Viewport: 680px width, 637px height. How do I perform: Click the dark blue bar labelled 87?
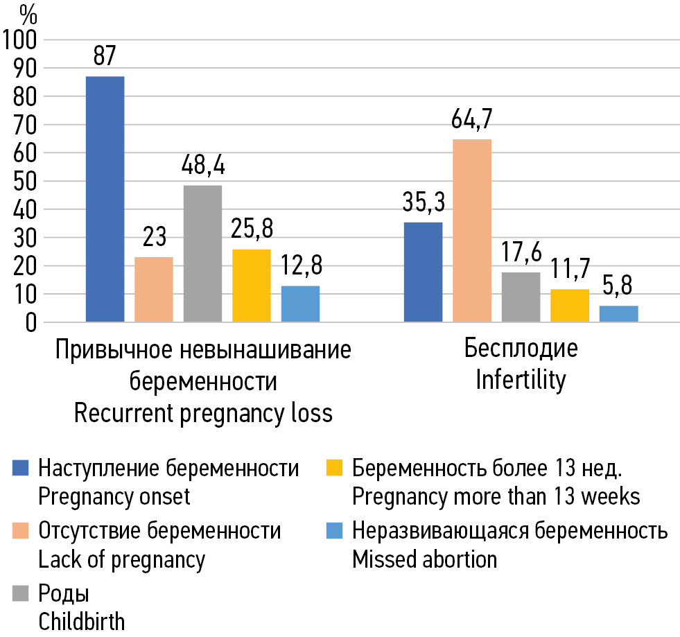(105, 199)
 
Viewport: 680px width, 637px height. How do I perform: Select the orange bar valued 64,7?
(472, 231)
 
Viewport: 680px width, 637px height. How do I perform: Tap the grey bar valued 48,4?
(202, 254)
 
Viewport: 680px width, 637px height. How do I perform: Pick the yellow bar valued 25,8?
(252, 286)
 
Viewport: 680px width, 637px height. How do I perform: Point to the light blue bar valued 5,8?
(618, 314)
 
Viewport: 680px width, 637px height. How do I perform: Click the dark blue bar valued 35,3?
(423, 272)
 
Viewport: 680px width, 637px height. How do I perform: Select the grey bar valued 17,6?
(521, 297)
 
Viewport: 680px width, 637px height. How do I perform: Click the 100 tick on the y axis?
(23, 40)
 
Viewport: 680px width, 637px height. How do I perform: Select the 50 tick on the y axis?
(28, 182)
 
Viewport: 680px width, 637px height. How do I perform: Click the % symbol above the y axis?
(28, 13)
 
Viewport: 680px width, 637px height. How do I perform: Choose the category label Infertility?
(520, 381)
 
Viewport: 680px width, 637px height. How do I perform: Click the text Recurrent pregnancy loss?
(203, 413)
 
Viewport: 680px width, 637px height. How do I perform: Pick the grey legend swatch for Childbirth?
(22, 595)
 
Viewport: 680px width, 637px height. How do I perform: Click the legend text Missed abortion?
(424, 559)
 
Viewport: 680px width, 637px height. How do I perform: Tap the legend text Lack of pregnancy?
(121, 559)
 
